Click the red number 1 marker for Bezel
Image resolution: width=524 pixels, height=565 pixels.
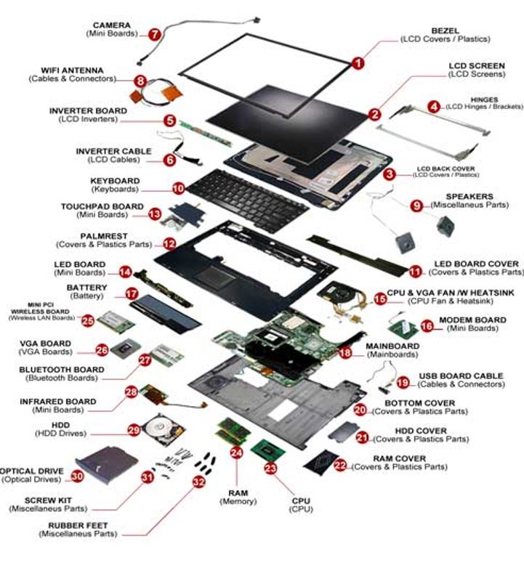pos(358,63)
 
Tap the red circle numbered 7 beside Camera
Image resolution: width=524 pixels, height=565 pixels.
pos(155,34)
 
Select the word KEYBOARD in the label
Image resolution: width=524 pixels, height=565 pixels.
pos(115,180)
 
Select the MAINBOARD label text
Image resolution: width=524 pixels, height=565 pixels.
pos(392,346)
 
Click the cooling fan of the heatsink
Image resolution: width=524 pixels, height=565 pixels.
pos(339,293)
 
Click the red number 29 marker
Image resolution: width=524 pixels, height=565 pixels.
pos(134,430)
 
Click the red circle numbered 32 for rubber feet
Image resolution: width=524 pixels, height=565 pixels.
pos(198,481)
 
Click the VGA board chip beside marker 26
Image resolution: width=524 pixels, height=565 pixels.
pos(129,349)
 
